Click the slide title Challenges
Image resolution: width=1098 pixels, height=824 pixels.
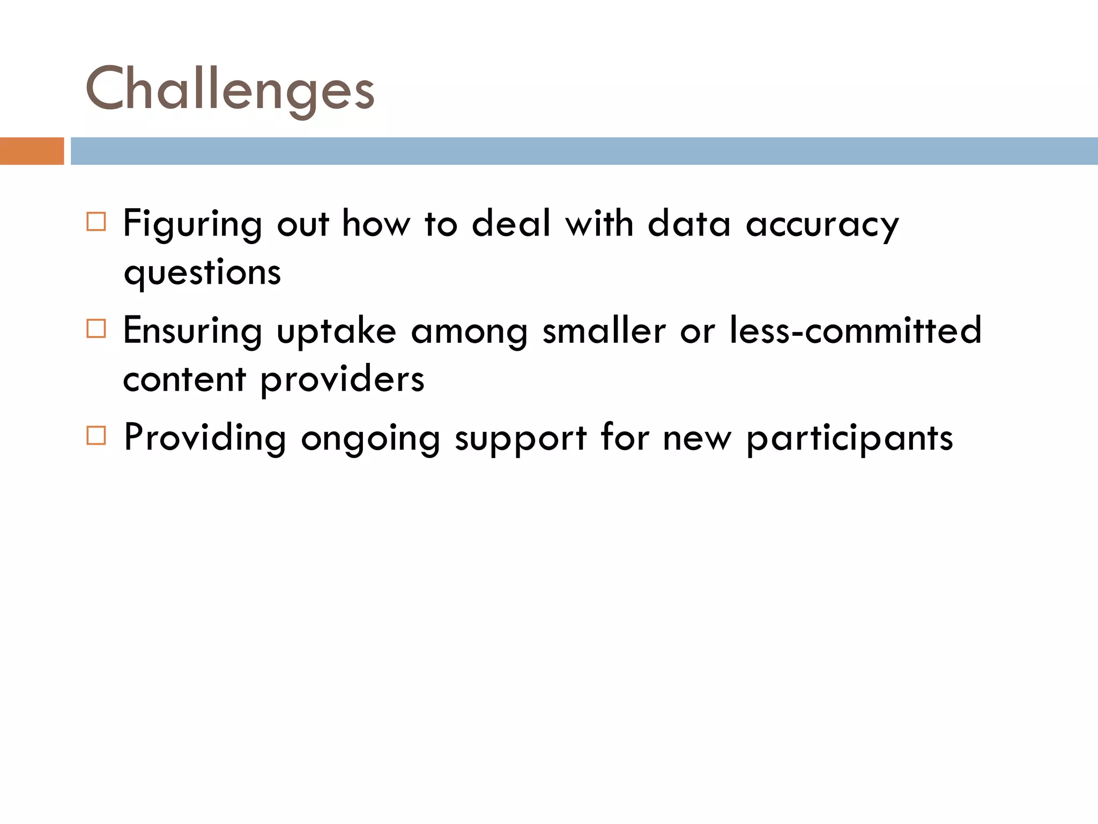click(229, 89)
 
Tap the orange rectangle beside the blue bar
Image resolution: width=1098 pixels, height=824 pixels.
click(32, 151)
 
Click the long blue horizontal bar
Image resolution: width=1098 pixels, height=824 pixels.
click(583, 151)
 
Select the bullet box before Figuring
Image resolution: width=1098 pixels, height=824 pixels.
click(96, 222)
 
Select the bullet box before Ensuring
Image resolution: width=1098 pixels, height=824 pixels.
click(96, 328)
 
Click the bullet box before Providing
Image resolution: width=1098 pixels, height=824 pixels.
click(96, 435)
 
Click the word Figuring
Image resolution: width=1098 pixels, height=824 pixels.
click(192, 224)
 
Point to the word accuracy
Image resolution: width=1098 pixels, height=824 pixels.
click(822, 224)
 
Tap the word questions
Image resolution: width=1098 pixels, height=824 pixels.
click(202, 273)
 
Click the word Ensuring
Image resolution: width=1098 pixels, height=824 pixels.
click(192, 331)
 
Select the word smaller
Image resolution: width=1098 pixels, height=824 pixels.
click(604, 330)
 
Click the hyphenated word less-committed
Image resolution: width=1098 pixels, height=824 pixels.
click(855, 330)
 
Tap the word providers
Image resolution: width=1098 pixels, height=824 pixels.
click(343, 380)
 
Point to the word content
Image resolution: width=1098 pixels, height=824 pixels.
click(184, 380)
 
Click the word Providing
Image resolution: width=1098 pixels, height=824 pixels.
click(205, 438)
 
